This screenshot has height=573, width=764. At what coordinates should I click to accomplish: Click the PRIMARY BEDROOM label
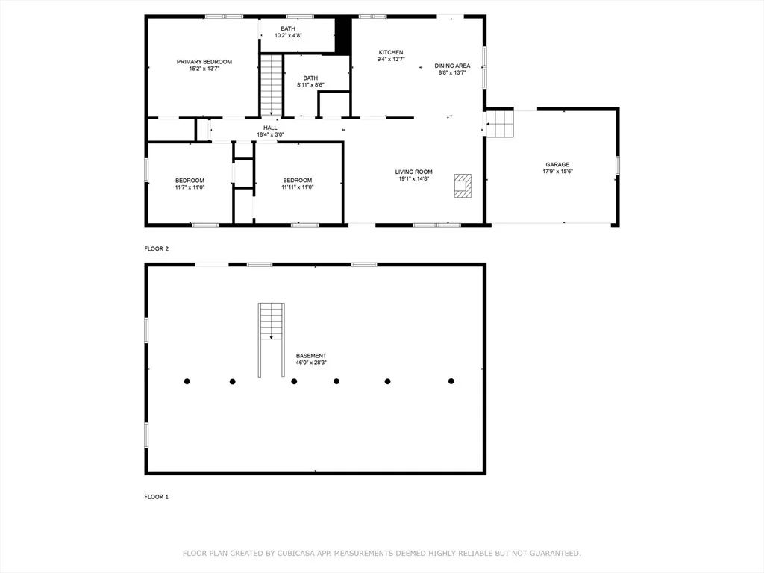coord(204,62)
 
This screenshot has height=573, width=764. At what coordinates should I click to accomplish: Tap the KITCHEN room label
coord(391,53)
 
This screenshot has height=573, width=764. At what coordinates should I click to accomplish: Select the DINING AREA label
coord(452,66)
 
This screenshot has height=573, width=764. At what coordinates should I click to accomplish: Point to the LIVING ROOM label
coord(413,172)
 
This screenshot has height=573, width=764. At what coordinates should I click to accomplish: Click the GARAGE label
coord(557,165)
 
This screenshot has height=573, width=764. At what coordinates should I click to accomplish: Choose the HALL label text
coord(270,128)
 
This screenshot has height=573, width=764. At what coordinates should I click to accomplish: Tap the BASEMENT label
coord(311,356)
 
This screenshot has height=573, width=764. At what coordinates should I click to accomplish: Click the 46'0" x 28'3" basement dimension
coord(311,363)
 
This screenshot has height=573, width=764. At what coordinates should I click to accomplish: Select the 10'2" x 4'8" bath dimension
coord(288,36)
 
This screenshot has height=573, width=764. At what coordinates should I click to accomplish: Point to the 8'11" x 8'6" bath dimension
coord(310,85)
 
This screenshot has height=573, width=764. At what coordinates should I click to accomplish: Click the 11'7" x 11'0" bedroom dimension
coord(190,187)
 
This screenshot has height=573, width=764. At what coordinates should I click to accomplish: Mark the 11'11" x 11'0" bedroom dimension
coord(297,187)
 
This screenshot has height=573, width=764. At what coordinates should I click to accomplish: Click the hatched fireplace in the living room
coord(463,186)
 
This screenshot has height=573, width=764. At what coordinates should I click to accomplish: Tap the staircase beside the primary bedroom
coord(272,86)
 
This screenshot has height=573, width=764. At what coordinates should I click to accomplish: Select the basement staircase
coord(272,339)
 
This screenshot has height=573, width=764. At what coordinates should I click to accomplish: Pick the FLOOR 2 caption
coord(157,248)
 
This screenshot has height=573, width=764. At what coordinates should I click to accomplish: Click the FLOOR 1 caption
coord(157,497)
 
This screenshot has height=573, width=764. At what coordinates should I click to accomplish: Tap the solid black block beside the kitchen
coord(343,36)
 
